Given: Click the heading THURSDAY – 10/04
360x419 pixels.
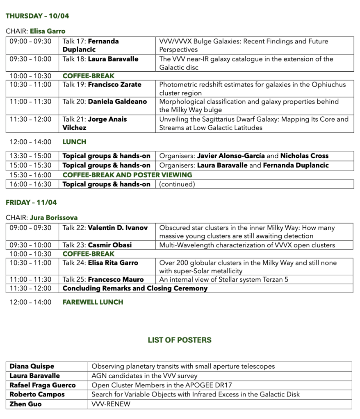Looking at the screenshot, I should click(37, 16).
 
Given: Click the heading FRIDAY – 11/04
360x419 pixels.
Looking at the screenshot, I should click(31, 203).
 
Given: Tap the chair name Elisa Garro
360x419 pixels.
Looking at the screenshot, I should click(47, 31).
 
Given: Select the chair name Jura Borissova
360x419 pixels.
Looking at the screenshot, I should click(53, 217).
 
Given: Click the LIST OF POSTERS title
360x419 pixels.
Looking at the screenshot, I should click(180, 340).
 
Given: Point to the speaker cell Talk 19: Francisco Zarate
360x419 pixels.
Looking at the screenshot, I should click(102, 85).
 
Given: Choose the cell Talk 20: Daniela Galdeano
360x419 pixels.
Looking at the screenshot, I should click(105, 102).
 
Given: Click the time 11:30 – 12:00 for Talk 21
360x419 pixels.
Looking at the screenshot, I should click(31, 119).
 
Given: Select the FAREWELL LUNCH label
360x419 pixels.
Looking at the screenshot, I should click(93, 302).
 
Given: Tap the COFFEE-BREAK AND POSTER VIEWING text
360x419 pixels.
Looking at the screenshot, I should click(127, 175).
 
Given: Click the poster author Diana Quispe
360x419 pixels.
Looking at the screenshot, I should click(32, 366).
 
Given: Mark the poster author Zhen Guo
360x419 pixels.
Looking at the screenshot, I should click(25, 404).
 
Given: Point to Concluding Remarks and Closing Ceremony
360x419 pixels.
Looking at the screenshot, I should click(135, 288).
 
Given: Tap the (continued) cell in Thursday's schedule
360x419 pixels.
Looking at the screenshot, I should click(177, 184).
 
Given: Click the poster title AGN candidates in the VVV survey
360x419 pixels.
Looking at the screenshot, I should click(144, 376).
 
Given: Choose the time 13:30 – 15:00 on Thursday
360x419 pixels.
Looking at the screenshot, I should click(31, 156).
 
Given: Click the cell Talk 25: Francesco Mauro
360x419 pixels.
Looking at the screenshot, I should click(103, 280).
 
